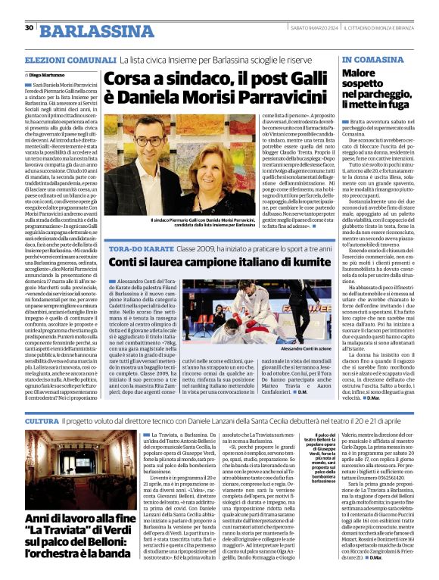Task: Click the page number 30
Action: click(30, 28)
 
